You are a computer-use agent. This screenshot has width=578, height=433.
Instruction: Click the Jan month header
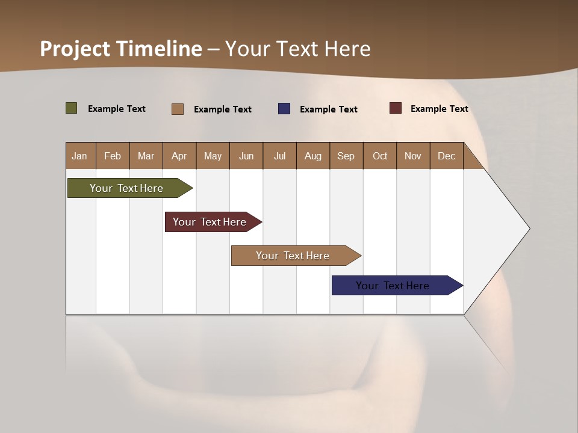80,156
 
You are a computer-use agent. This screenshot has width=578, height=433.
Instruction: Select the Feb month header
113,156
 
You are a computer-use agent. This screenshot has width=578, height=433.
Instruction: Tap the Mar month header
146,156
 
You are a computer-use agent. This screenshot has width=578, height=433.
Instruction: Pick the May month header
213,156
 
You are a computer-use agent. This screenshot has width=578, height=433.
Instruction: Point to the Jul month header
279,156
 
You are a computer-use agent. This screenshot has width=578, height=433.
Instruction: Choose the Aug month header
312,156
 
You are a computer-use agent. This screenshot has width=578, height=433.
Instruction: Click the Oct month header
380,156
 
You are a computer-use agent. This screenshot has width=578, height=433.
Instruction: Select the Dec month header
446,156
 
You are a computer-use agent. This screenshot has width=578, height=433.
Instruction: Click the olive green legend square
72,108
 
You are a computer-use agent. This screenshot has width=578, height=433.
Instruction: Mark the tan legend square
178,109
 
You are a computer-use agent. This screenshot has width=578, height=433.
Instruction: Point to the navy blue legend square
284,109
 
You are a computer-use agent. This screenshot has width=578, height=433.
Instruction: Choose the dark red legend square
396,108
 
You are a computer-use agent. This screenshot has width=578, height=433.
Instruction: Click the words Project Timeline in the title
121,49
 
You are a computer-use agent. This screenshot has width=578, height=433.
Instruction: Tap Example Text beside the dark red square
439,109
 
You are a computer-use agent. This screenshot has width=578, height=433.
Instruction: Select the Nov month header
413,156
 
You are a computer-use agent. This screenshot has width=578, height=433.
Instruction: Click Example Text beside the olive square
117,109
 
